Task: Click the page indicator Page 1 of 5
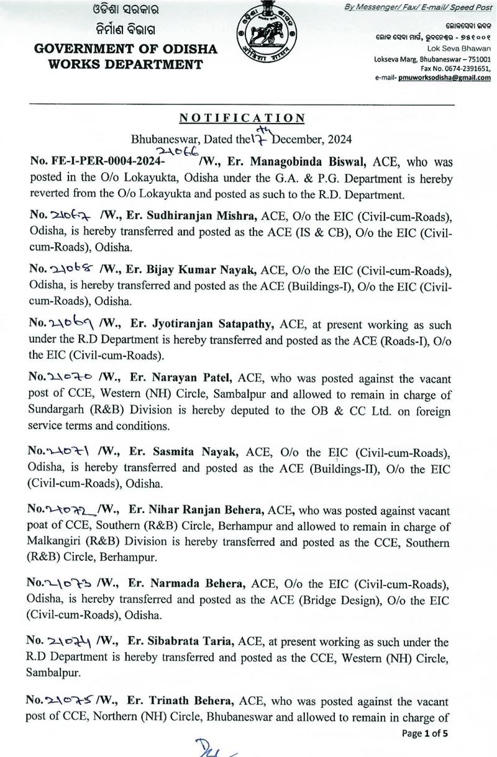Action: (x=425, y=733)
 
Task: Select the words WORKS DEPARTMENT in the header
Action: (x=119, y=65)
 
